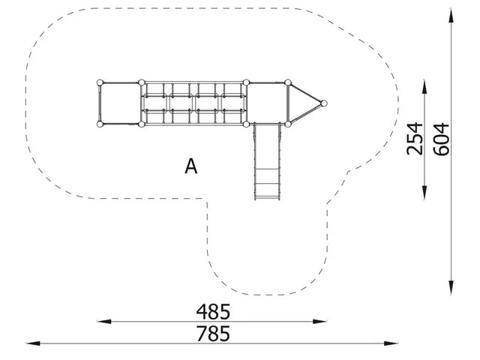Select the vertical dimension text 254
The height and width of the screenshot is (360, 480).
tap(415, 138)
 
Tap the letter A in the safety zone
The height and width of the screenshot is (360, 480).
tap(192, 166)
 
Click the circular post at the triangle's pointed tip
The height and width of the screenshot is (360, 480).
tap(325, 103)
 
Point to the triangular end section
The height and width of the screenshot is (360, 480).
tap(302, 103)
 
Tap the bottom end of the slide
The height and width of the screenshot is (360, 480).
tap(267, 196)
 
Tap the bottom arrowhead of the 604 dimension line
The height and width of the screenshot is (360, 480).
tap(451, 289)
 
